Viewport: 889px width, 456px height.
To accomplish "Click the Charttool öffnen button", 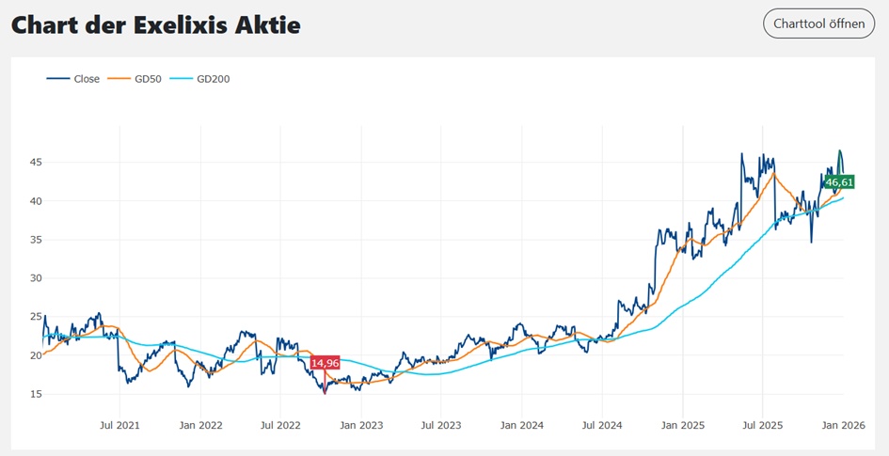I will [x=818, y=24].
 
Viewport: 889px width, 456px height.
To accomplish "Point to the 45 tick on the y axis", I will [x=35, y=163].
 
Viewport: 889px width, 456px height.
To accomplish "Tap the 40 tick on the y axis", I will [x=35, y=201].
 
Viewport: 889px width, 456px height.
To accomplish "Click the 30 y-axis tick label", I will [x=35, y=278].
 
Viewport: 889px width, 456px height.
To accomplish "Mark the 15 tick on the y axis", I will [x=35, y=394].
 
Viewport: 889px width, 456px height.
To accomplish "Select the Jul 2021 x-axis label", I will [x=119, y=426].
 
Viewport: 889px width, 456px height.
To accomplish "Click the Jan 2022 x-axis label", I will [x=199, y=426].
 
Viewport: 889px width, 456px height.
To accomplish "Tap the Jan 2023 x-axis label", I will [x=360, y=426].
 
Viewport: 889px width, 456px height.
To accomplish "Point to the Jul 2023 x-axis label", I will [x=440, y=426].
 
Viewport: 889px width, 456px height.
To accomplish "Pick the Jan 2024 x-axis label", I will [x=521, y=426].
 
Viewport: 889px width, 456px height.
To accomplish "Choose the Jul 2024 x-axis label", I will [x=602, y=426].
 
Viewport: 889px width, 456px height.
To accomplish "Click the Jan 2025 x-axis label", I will [x=683, y=426].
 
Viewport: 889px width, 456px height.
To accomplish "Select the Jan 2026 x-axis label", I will [x=844, y=426].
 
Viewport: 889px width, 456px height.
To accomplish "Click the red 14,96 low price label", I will [x=325, y=364].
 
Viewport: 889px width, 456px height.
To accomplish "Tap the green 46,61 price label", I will [x=838, y=182].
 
